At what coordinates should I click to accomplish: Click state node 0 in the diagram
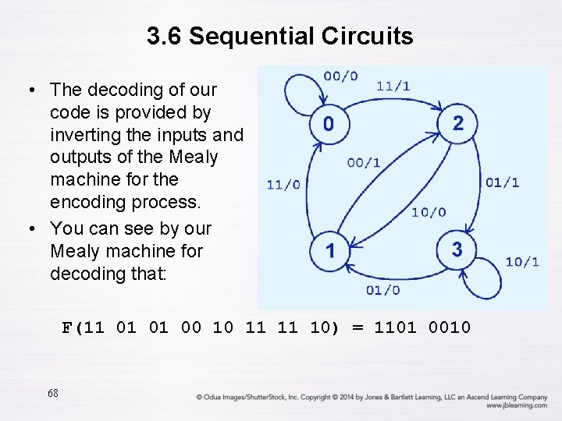point(329,123)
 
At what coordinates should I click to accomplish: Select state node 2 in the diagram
point(457,122)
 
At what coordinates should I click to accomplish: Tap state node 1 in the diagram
point(330,250)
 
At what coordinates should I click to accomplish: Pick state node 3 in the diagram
point(457,249)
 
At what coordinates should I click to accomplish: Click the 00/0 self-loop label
point(340,76)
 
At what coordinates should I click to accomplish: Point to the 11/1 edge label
point(393,86)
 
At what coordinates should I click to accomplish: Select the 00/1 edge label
point(364,163)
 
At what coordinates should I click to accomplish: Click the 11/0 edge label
point(283,185)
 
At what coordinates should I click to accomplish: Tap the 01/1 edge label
point(502,182)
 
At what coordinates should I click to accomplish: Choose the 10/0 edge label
point(429,212)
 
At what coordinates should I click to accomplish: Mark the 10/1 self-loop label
point(522,262)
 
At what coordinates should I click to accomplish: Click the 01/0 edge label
point(382,290)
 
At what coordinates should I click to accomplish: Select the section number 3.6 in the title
point(165,36)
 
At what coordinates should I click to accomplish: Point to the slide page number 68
point(52,393)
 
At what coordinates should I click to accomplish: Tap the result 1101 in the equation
point(397,327)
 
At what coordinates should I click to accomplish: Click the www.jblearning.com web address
point(516,405)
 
